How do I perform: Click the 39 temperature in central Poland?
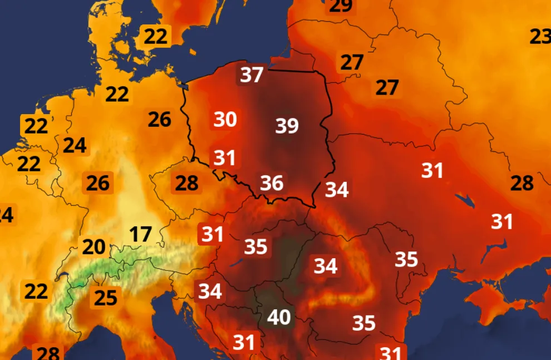(x=287, y=126)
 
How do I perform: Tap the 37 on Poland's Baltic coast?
(x=251, y=74)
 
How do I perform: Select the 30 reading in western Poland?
(x=225, y=119)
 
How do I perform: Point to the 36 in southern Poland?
(x=272, y=183)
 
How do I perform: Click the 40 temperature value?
(x=279, y=317)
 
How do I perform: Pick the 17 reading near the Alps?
(x=141, y=234)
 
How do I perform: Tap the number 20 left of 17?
(x=94, y=246)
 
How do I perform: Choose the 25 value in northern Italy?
(x=105, y=298)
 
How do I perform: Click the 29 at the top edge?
(x=341, y=6)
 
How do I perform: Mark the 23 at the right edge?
(x=539, y=37)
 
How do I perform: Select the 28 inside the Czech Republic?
(x=187, y=183)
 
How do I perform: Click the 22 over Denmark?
(x=155, y=37)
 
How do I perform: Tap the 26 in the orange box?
(x=98, y=183)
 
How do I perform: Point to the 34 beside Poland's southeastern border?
(x=337, y=190)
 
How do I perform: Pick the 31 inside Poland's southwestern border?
(x=225, y=158)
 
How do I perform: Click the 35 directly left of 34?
(x=256, y=246)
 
